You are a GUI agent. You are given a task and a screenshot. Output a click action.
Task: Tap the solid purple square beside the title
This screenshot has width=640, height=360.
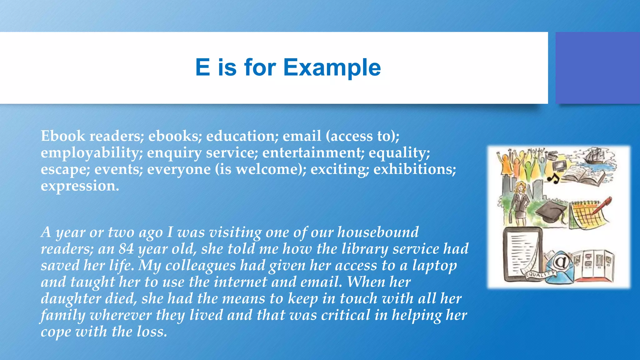(x=597, y=68)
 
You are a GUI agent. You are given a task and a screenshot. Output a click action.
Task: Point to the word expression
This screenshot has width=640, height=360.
(x=79, y=186)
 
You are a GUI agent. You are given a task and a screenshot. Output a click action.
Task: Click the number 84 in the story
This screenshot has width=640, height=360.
(x=126, y=249)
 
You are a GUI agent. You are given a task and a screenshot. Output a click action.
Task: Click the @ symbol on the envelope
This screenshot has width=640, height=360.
(x=561, y=262)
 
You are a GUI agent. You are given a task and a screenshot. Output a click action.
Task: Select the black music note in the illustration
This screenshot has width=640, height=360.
(x=553, y=179)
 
